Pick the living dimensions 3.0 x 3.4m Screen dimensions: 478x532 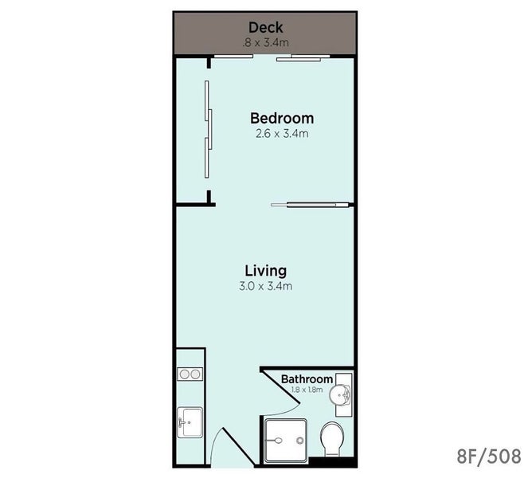tap(265, 285)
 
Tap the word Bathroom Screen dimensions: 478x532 tap(307, 378)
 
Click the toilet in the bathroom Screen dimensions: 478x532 tap(331, 439)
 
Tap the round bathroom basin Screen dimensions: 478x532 tap(342, 394)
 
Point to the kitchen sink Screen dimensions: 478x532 tap(189, 420)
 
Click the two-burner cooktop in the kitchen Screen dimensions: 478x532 tap(190, 374)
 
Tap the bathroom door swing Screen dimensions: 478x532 tap(271, 390)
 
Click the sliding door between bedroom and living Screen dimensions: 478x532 tap(311, 205)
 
